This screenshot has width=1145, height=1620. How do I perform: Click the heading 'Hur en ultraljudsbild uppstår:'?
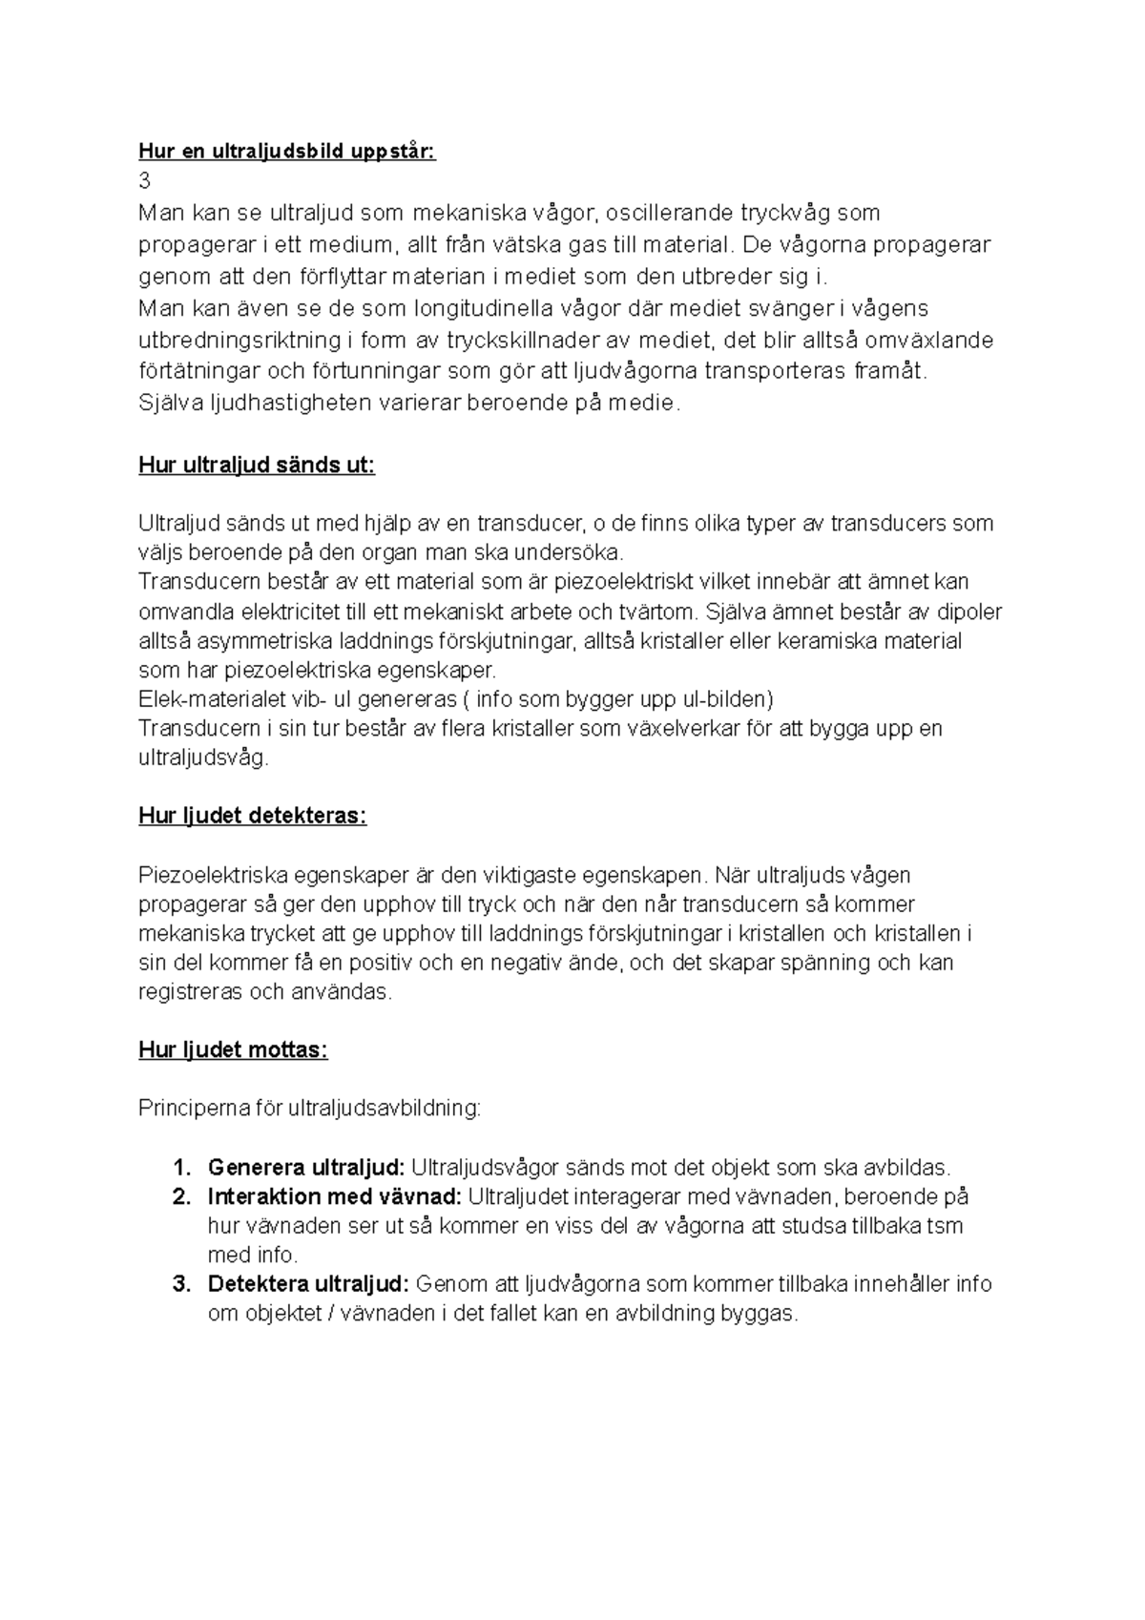click(x=287, y=152)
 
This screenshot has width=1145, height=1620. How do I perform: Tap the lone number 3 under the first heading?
click(x=144, y=181)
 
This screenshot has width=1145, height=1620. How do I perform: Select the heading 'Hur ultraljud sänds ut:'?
click(x=257, y=466)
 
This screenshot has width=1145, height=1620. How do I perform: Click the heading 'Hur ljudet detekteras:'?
click(x=252, y=816)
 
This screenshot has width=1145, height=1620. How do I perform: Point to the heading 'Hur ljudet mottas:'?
click(x=233, y=1050)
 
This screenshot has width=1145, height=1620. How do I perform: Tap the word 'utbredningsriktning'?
click(x=239, y=341)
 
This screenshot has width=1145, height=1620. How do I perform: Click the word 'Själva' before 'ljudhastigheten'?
click(x=165, y=403)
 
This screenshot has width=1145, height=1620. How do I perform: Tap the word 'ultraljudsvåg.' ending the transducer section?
click(x=203, y=759)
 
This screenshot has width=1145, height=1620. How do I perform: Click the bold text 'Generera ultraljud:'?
click(x=306, y=1168)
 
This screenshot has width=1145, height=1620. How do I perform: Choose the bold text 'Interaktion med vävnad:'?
click(x=335, y=1196)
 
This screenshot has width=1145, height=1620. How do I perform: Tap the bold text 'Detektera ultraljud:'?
click(x=309, y=1284)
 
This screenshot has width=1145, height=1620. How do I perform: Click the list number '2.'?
click(x=182, y=1196)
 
